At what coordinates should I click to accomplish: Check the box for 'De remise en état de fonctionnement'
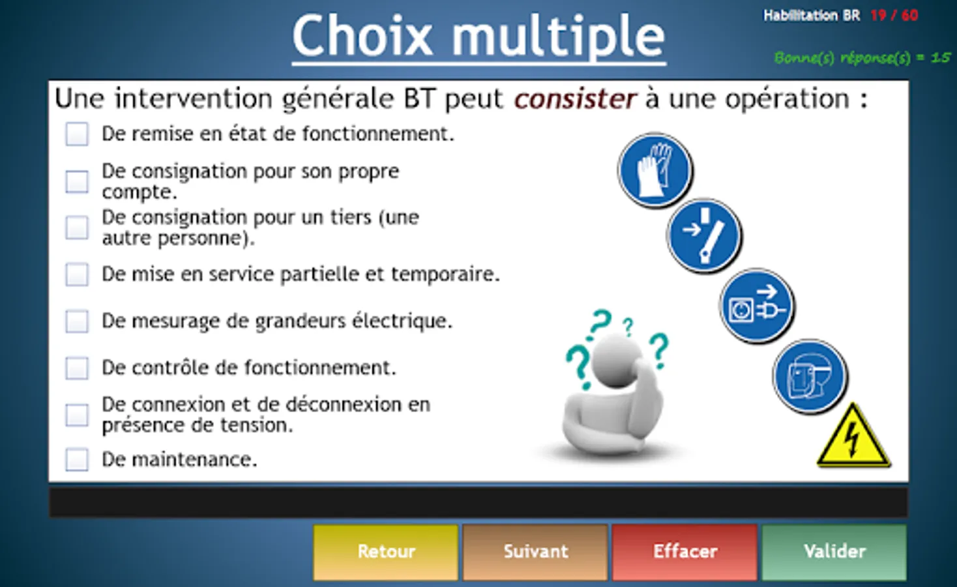pyautogui.click(x=77, y=134)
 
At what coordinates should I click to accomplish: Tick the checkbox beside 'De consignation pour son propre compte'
pyautogui.click(x=77, y=182)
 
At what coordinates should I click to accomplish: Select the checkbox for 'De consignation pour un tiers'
pyautogui.click(x=77, y=227)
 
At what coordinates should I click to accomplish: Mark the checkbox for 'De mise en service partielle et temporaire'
pyautogui.click(x=77, y=274)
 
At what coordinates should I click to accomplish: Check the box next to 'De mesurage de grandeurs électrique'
pyautogui.click(x=77, y=321)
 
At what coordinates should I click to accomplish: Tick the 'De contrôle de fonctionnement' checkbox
pyautogui.click(x=77, y=368)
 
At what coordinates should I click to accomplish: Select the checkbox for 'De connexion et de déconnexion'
pyautogui.click(x=77, y=415)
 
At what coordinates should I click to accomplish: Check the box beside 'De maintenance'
pyautogui.click(x=77, y=460)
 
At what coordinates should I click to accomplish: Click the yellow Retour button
pyautogui.click(x=386, y=552)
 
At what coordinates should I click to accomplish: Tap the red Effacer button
pyautogui.click(x=685, y=552)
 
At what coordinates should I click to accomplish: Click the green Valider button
pyautogui.click(x=834, y=552)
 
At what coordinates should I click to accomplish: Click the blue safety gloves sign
pyautogui.click(x=655, y=170)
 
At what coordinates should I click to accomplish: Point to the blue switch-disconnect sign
pyautogui.click(x=704, y=235)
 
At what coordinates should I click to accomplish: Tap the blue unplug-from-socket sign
pyautogui.click(x=757, y=306)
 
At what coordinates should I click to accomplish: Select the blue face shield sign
pyautogui.click(x=810, y=376)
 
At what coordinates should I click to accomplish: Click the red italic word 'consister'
pyautogui.click(x=575, y=99)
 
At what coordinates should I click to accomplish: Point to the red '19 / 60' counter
pyautogui.click(x=894, y=16)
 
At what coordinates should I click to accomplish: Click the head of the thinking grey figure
pyautogui.click(x=616, y=361)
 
